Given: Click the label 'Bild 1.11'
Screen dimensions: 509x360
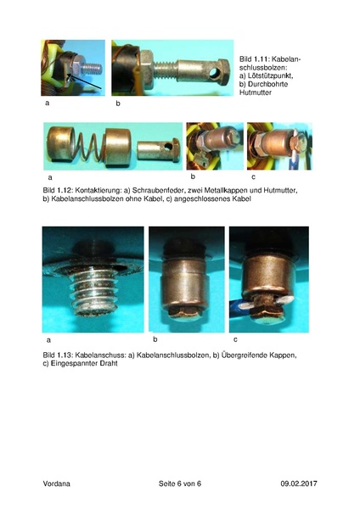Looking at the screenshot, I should point(253,52).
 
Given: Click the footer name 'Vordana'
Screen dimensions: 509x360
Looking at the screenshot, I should point(58,484).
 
